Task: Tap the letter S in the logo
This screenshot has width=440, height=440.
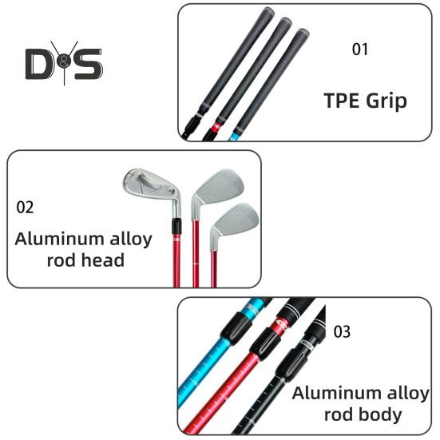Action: (87, 64)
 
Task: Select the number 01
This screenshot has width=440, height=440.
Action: (359, 50)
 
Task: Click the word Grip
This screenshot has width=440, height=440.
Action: (386, 101)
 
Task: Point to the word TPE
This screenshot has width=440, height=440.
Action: (342, 101)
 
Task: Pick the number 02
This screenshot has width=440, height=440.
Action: (25, 208)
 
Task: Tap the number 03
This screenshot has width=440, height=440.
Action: (342, 331)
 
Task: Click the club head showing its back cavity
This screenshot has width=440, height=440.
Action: (152, 186)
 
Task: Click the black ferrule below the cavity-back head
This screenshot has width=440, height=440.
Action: (176, 227)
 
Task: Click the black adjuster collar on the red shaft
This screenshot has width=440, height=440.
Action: (265, 344)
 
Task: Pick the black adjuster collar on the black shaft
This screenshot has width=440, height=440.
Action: (291, 364)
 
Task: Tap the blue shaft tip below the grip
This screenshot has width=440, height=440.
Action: (233, 137)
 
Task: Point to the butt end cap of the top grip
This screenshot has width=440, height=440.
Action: (269, 11)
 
